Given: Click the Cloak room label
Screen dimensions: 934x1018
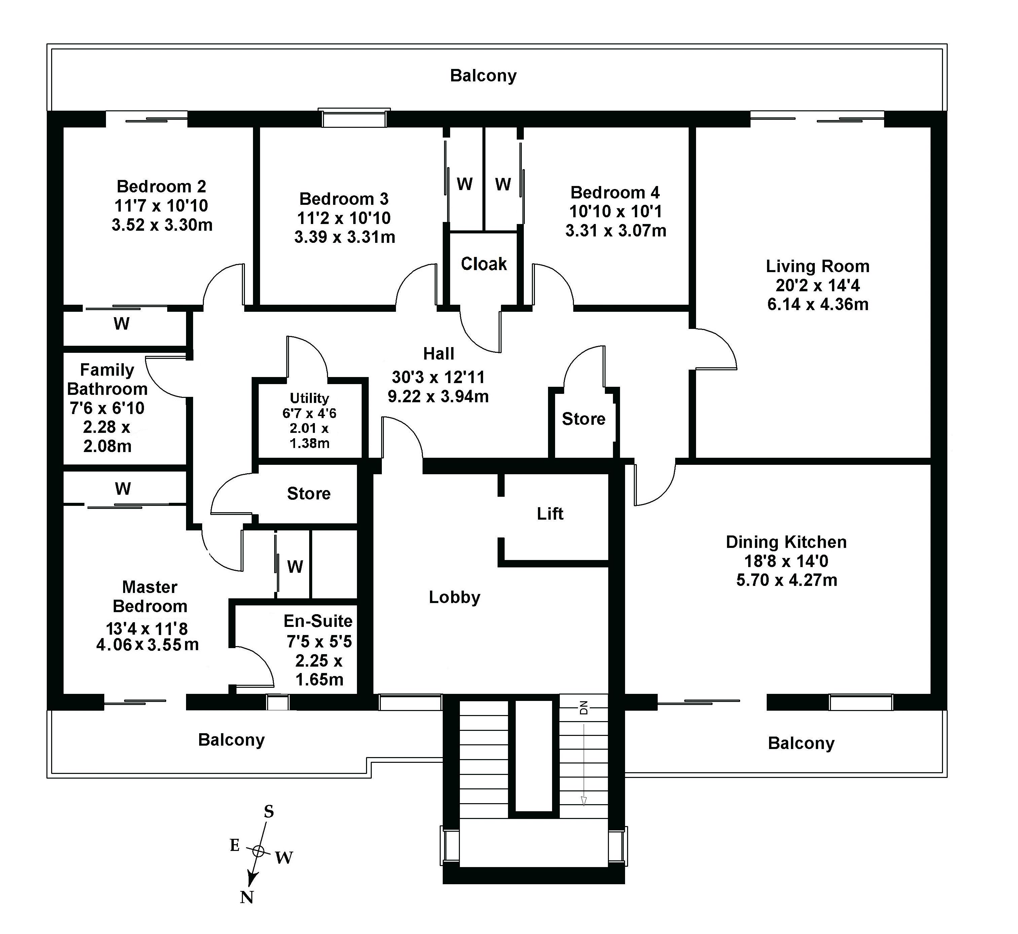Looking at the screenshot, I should point(484,264).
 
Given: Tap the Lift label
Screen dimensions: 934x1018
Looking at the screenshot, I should point(550,514).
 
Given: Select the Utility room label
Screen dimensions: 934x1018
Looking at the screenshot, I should point(310,398).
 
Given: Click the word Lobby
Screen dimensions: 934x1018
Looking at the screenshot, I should point(455,597).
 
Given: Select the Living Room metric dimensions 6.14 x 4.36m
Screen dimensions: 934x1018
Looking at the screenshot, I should point(818,304).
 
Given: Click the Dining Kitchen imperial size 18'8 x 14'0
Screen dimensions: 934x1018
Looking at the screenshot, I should point(786,561).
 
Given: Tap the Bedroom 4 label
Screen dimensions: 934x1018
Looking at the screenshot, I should point(615,193).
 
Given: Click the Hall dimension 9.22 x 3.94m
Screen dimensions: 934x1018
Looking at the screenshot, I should point(438,396).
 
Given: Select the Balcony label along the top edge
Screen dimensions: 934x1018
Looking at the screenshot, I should point(483,76).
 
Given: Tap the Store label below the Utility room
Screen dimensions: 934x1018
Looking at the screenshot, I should point(309,493).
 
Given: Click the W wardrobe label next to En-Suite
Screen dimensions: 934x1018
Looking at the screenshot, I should point(295,567).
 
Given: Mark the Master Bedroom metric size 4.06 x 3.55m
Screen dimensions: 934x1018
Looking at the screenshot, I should point(148,645).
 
